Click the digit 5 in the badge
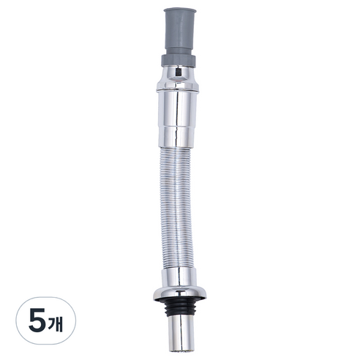[x=37, y=320]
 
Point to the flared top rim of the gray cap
[x=180, y=10]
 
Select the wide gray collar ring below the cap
[x=179, y=61]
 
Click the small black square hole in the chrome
[x=178, y=72]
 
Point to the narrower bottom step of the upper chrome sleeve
[x=177, y=137]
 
